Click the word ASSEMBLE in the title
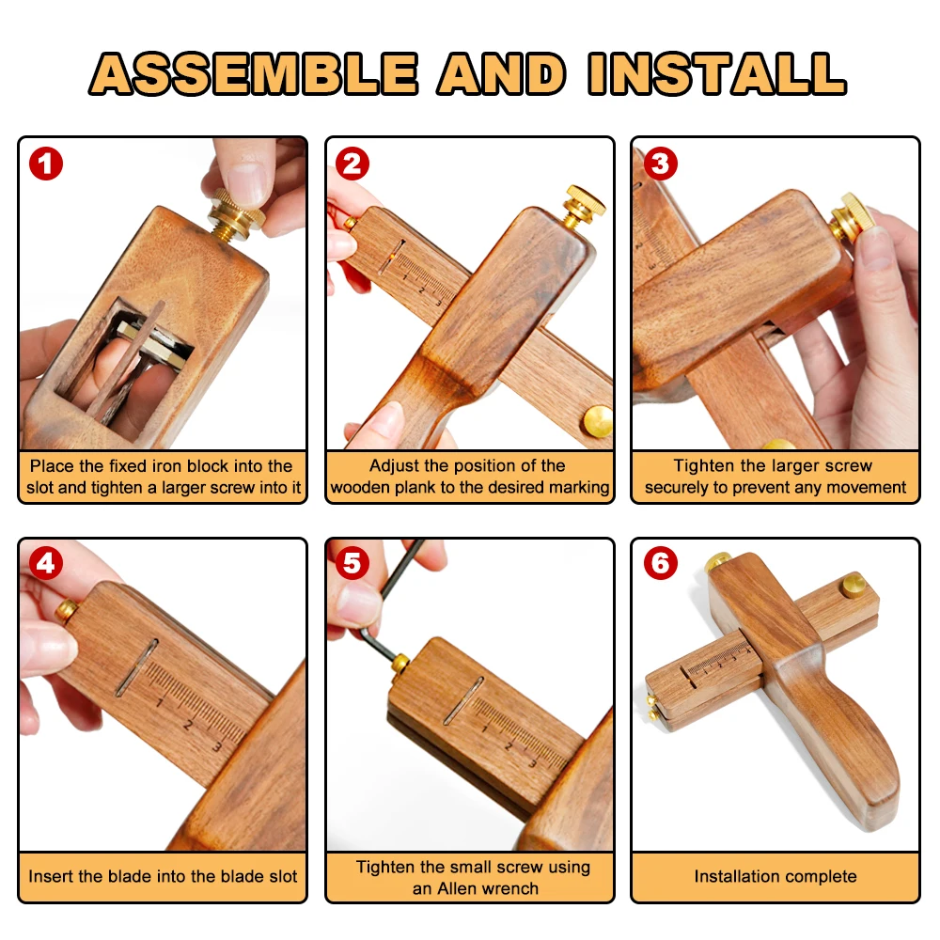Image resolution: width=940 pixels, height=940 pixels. [x=254, y=73]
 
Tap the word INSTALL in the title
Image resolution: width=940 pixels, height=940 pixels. [x=717, y=73]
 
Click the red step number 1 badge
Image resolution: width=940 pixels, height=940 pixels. [x=46, y=164]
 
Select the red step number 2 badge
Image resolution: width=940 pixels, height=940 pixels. [x=352, y=164]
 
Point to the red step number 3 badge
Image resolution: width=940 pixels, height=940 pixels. [x=660, y=164]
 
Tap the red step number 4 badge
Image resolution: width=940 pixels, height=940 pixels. [x=46, y=563]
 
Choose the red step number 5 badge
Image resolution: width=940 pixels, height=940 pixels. [x=352, y=563]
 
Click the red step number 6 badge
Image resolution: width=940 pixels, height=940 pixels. [x=660, y=563]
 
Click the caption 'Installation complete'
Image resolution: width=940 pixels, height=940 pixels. [x=775, y=876]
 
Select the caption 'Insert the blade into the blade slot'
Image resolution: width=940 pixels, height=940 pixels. [x=163, y=876]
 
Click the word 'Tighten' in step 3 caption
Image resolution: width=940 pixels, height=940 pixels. [x=704, y=466]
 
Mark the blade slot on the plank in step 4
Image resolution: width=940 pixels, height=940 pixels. [x=136, y=667]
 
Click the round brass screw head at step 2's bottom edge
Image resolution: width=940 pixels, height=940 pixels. [x=597, y=421]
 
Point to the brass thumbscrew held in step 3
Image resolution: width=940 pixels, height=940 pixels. [x=850, y=221]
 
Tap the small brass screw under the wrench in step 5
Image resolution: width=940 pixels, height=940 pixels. [x=400, y=663]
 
